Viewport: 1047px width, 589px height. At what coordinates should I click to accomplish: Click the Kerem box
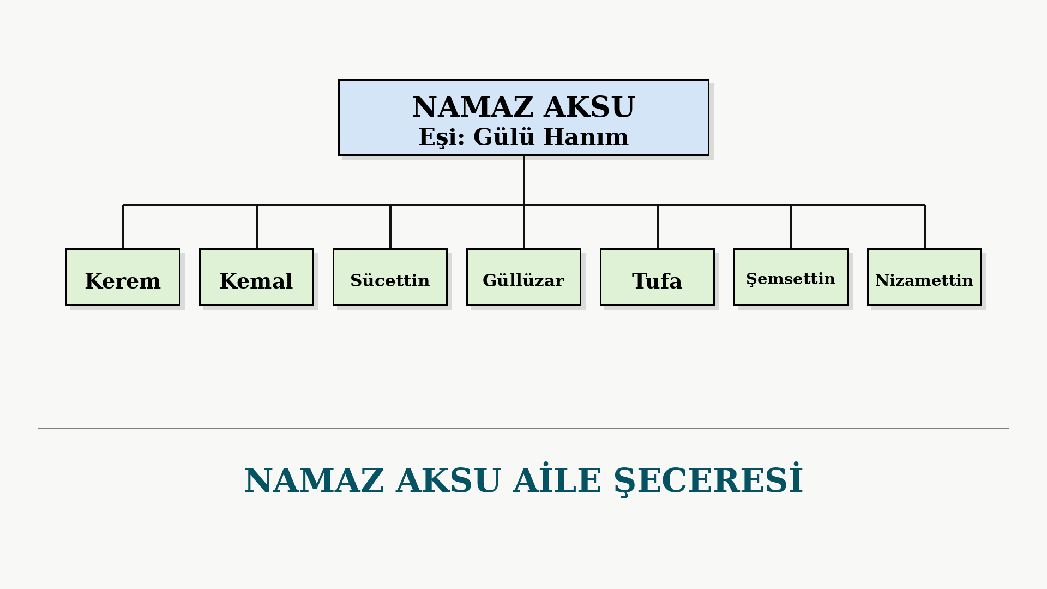[x=123, y=277]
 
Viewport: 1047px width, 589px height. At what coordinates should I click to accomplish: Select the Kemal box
[x=256, y=277]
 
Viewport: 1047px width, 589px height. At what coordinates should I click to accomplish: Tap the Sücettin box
[x=390, y=277]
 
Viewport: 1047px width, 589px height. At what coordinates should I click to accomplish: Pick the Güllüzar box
[x=523, y=277]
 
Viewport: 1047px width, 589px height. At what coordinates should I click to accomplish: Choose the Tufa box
[x=657, y=277]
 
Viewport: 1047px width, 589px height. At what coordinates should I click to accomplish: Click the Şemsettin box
[x=791, y=277]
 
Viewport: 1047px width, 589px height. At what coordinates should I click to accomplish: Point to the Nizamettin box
[x=924, y=277]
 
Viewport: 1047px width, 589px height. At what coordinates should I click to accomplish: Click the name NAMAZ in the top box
[x=472, y=107]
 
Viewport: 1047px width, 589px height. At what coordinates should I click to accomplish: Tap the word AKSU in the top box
[x=589, y=107]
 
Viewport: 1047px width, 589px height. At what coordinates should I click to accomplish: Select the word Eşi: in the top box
[x=442, y=137]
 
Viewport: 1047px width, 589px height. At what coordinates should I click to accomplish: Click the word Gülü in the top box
[x=504, y=136]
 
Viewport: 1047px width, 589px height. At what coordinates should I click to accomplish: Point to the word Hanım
[x=586, y=136]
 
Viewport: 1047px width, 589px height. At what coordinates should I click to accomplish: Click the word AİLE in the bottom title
[x=557, y=480]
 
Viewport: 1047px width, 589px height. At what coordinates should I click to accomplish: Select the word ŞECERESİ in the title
[x=709, y=481]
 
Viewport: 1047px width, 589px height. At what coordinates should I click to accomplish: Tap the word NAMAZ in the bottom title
[x=314, y=480]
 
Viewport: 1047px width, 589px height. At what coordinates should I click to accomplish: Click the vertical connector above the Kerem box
[x=123, y=227]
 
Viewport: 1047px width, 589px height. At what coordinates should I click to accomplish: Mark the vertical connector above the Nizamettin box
[x=925, y=227]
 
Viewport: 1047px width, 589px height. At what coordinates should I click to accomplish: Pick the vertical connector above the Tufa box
[x=658, y=227]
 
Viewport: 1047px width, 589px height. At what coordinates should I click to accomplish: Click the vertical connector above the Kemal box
[x=257, y=227]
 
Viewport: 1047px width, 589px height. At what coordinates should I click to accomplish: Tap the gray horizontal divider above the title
[x=523, y=428]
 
